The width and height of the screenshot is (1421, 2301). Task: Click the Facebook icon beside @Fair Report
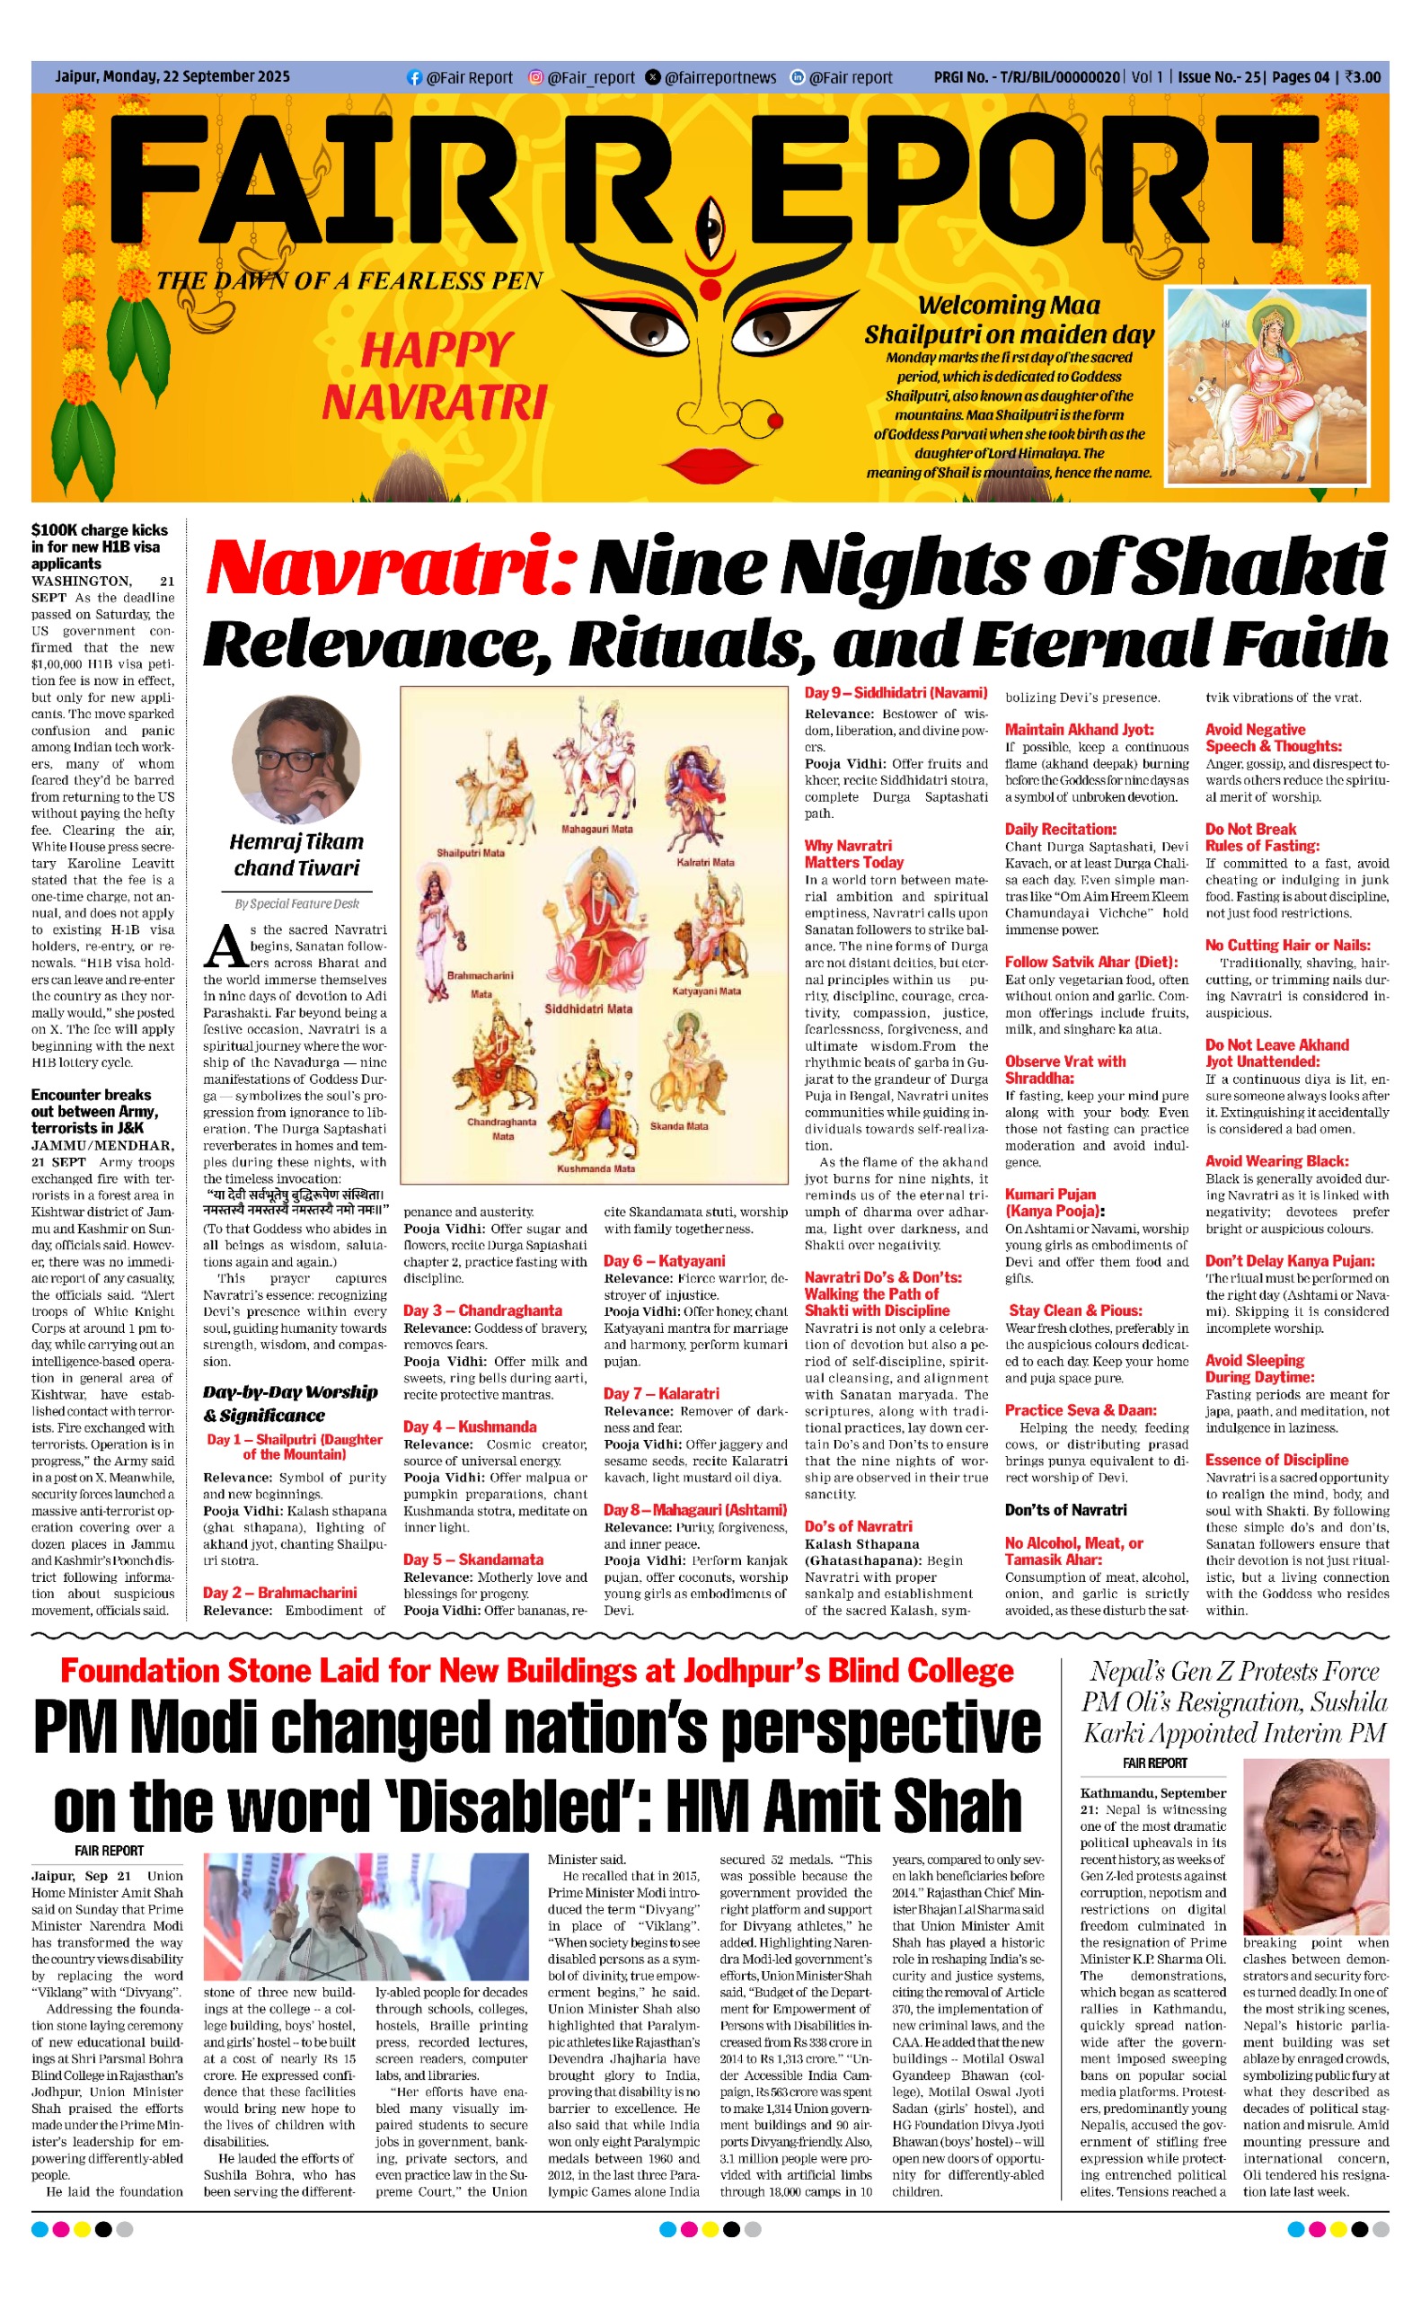tap(412, 77)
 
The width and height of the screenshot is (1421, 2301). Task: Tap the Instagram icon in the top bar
tap(535, 77)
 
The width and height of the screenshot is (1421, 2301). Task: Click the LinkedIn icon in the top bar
tap(797, 77)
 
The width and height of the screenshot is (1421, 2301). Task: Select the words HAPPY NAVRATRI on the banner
tap(435, 376)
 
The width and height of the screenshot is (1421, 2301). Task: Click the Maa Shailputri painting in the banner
tap(1275, 386)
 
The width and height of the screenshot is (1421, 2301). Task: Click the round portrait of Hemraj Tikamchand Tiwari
tap(297, 760)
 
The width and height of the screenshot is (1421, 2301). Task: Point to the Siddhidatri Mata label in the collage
tap(589, 1008)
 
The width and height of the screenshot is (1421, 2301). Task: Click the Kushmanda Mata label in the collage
tap(596, 1168)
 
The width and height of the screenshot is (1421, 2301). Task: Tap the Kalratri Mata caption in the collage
tap(705, 861)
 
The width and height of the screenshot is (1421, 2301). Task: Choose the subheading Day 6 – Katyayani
tap(664, 1261)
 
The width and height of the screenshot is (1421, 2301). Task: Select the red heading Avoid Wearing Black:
tap(1276, 1161)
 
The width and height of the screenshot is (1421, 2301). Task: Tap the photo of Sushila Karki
tap(1315, 1849)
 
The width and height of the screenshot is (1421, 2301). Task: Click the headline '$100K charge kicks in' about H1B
tap(100, 546)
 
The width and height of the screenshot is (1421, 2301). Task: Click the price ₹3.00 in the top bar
tap(1363, 77)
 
